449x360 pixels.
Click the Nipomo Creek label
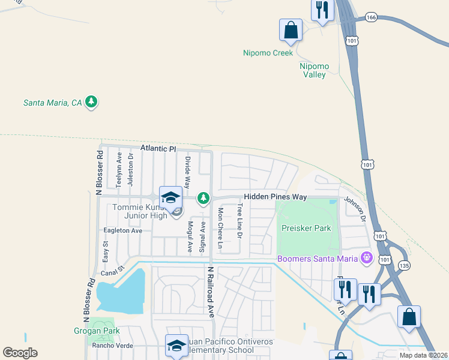268,53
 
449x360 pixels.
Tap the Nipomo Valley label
313,70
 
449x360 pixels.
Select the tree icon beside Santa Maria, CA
91,102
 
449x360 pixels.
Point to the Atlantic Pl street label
158,148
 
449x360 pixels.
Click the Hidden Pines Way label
276,197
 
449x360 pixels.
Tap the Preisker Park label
306,228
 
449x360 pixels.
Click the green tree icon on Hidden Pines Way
204,197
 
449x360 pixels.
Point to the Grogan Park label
97,331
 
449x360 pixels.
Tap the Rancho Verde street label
112,346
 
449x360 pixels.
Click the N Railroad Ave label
211,292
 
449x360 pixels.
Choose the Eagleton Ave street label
123,230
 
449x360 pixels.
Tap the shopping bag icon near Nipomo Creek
291,30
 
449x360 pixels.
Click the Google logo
20,352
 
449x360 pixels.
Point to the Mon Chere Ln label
220,229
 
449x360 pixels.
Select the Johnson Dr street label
354,210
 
